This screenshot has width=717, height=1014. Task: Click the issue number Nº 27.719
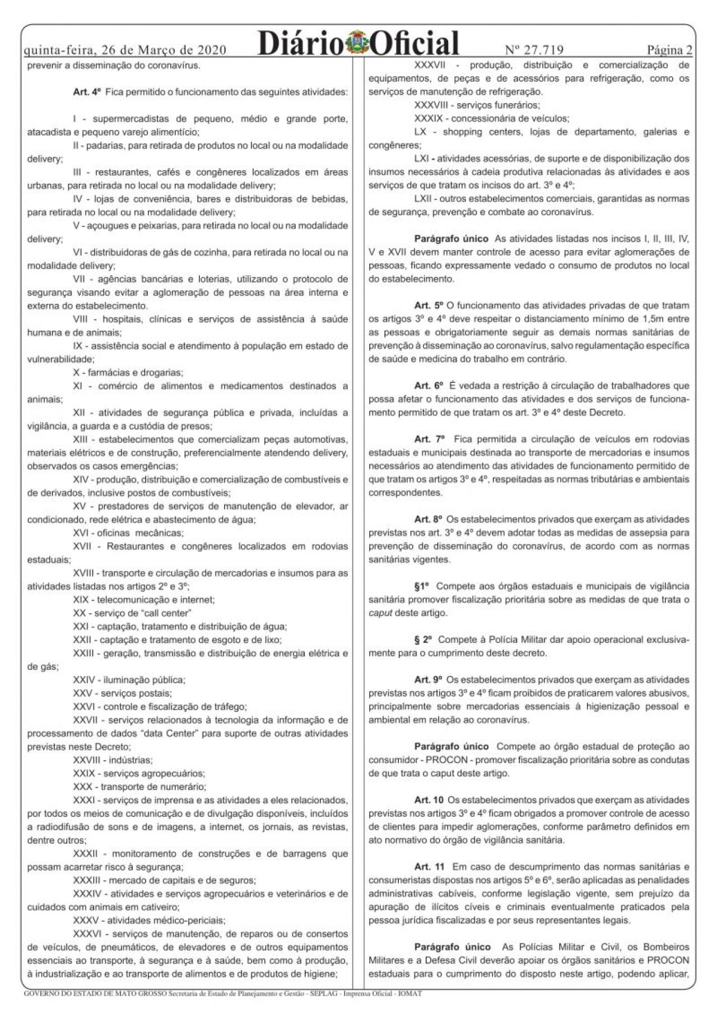click(534, 50)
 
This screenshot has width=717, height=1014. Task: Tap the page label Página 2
click(669, 50)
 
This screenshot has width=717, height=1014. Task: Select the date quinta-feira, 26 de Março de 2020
click(125, 50)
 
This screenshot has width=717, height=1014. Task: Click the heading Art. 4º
click(87, 91)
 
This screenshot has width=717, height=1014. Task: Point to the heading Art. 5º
click(429, 305)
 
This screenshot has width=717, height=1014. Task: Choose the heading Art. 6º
click(429, 386)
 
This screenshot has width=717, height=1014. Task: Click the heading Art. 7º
click(429, 439)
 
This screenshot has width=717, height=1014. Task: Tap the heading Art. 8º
click(429, 519)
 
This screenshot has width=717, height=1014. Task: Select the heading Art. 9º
click(429, 679)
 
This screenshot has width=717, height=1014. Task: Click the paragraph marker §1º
click(421, 586)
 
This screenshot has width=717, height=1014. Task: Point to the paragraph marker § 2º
click(423, 640)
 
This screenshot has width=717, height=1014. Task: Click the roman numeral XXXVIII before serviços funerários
click(433, 105)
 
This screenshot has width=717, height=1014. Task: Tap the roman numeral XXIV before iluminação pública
click(85, 680)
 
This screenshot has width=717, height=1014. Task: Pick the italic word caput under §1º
click(380, 613)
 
